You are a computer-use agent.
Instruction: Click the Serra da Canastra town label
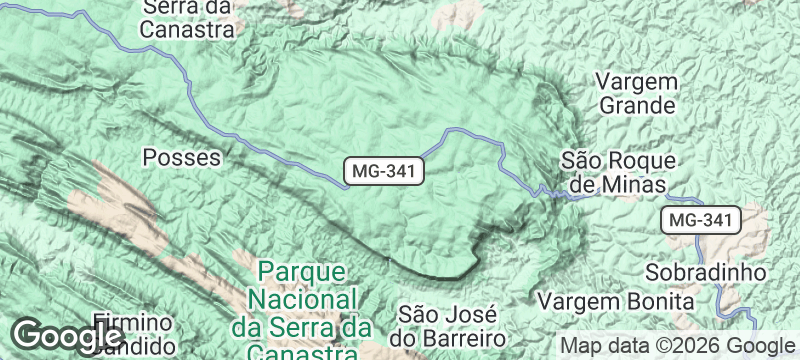[x=187, y=18]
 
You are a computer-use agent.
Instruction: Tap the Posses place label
[x=181, y=157]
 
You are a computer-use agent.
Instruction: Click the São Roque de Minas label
[x=619, y=172]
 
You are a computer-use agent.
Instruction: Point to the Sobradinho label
[x=705, y=272]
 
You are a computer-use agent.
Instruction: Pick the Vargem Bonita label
[x=615, y=300]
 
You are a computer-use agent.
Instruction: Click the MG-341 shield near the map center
[x=385, y=171]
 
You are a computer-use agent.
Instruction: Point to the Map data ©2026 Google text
[x=675, y=345]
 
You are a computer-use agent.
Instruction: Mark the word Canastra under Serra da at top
[x=187, y=29]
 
